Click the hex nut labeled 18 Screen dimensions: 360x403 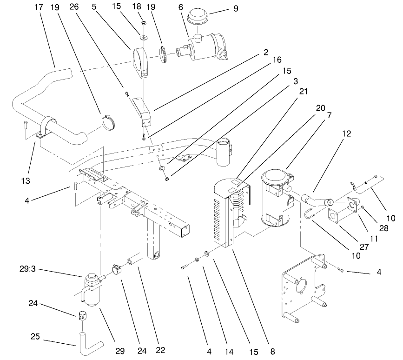(x=143, y=22)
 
